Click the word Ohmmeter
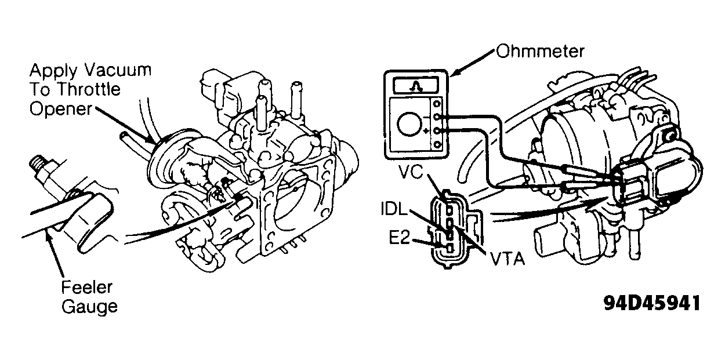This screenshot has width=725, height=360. coord(540,52)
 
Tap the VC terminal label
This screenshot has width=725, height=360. coord(411,172)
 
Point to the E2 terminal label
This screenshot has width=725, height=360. coord(399,238)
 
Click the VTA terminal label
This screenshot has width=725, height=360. coord(507,259)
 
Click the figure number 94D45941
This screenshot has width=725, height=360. coord(652,303)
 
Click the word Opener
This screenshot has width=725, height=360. coord(61,110)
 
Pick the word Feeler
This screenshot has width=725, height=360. coord(87,287)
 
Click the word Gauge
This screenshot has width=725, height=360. coord(89,307)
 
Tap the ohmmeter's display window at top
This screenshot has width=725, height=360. coord(416,86)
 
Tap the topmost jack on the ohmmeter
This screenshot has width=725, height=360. coord(437,104)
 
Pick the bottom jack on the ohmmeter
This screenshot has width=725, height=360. coord(437,144)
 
